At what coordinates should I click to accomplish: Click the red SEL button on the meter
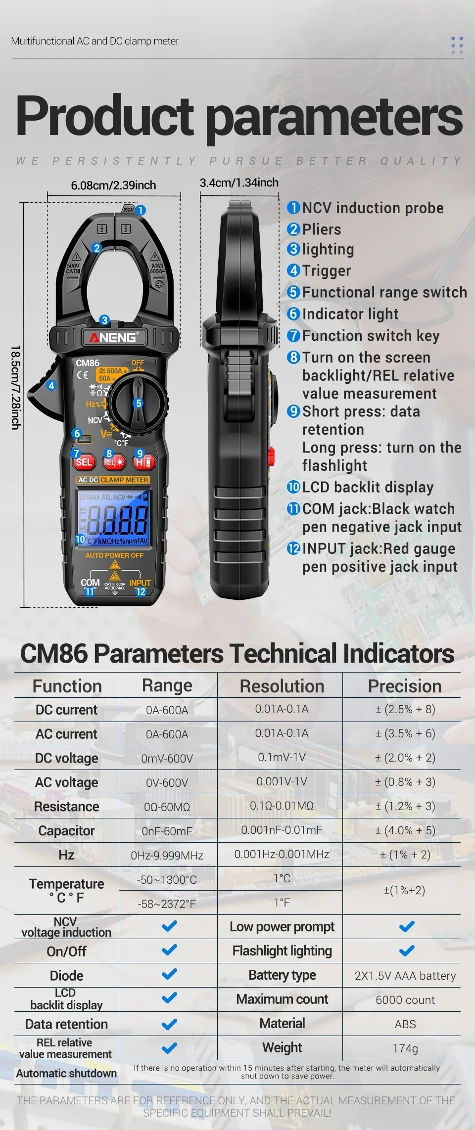[x=84, y=462]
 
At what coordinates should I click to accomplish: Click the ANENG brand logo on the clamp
[x=113, y=338]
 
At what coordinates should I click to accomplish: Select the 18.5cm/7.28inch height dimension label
[x=15, y=387]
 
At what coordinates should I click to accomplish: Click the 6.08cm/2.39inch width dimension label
[x=113, y=185]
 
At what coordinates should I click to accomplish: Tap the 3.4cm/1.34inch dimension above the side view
[x=239, y=183]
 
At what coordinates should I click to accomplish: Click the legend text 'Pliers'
[x=321, y=229]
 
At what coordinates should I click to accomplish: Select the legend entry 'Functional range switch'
[x=384, y=292]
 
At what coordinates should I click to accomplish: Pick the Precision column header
[x=404, y=686]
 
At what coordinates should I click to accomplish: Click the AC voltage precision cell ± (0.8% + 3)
[x=405, y=782]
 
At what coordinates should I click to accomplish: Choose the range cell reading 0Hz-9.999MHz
[x=167, y=856]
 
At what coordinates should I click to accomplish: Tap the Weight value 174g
[x=405, y=1048]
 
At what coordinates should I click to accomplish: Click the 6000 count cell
[x=405, y=1000]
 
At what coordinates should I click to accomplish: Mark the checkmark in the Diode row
[x=169, y=974]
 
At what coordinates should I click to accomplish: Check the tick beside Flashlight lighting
[x=406, y=950]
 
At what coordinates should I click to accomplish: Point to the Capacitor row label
[x=66, y=831]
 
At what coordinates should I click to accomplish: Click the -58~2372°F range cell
[x=167, y=904]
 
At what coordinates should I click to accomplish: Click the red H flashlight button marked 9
[x=143, y=462]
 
